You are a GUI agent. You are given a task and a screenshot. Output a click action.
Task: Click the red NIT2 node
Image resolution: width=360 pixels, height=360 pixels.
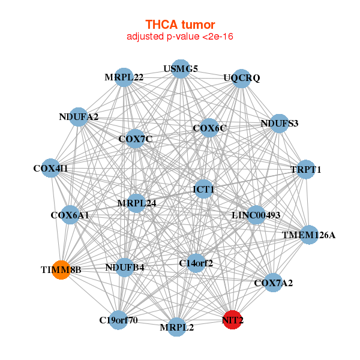[x=233, y=320]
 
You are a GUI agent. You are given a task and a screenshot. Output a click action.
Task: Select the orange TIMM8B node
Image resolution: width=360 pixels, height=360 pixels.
[x=61, y=269]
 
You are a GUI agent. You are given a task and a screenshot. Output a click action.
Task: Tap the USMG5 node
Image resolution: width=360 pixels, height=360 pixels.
[x=181, y=68]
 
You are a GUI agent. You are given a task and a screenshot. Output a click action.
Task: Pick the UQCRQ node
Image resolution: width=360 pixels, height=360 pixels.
[x=241, y=78]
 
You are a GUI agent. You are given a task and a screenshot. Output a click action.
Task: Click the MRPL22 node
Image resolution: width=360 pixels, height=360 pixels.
[x=124, y=77]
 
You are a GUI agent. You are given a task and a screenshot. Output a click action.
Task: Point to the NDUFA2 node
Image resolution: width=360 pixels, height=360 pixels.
[x=79, y=116]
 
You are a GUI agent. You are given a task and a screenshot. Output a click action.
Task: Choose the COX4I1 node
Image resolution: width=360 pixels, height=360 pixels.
[x=52, y=169]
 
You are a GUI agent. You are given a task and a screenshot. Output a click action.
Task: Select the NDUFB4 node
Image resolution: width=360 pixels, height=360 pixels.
[x=124, y=267]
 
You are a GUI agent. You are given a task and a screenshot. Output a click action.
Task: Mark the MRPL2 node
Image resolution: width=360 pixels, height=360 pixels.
[x=176, y=327]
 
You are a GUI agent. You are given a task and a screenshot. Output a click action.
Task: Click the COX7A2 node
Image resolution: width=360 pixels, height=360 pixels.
[x=273, y=283]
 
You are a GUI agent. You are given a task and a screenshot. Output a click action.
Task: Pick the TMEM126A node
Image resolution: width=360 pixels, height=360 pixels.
[x=308, y=235]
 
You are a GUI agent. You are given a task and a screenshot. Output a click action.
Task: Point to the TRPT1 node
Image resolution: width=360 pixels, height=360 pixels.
[x=306, y=169]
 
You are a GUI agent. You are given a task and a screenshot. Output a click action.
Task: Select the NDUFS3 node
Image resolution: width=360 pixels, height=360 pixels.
[x=279, y=124]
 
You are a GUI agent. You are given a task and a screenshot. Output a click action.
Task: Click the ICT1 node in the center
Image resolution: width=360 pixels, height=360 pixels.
[x=203, y=190]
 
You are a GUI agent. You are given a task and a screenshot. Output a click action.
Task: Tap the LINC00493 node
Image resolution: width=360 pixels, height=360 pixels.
[x=256, y=215]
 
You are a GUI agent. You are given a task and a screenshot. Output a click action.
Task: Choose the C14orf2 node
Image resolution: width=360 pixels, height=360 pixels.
[x=196, y=262]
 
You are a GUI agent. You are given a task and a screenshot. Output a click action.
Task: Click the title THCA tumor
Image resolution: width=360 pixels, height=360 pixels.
[x=180, y=25]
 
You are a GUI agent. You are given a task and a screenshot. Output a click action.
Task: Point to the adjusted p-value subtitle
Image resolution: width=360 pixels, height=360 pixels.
[x=180, y=37]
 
